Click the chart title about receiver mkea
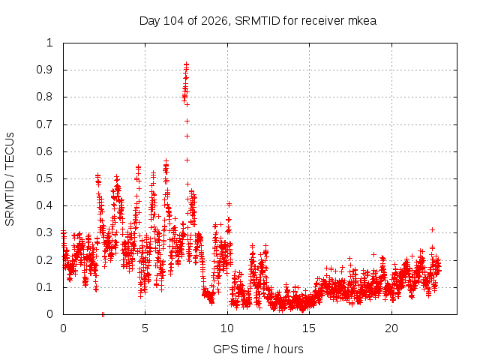(x=258, y=21)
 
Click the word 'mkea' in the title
(x=362, y=21)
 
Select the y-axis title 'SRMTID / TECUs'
(x=10, y=179)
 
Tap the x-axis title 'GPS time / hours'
(x=258, y=349)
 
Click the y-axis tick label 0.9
(x=44, y=70)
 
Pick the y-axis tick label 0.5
(x=44, y=178)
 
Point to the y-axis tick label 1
(x=49, y=43)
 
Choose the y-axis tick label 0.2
(x=44, y=260)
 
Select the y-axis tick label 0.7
(x=44, y=124)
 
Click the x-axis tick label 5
(x=145, y=328)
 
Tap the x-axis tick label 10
(x=227, y=328)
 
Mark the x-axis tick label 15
(x=309, y=328)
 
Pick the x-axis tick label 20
(x=391, y=328)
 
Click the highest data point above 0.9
(x=186, y=64)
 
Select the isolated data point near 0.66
(x=187, y=136)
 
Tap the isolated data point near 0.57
(x=187, y=160)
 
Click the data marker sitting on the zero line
(x=103, y=314)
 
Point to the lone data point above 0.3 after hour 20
(x=432, y=229)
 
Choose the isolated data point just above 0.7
(x=187, y=121)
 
